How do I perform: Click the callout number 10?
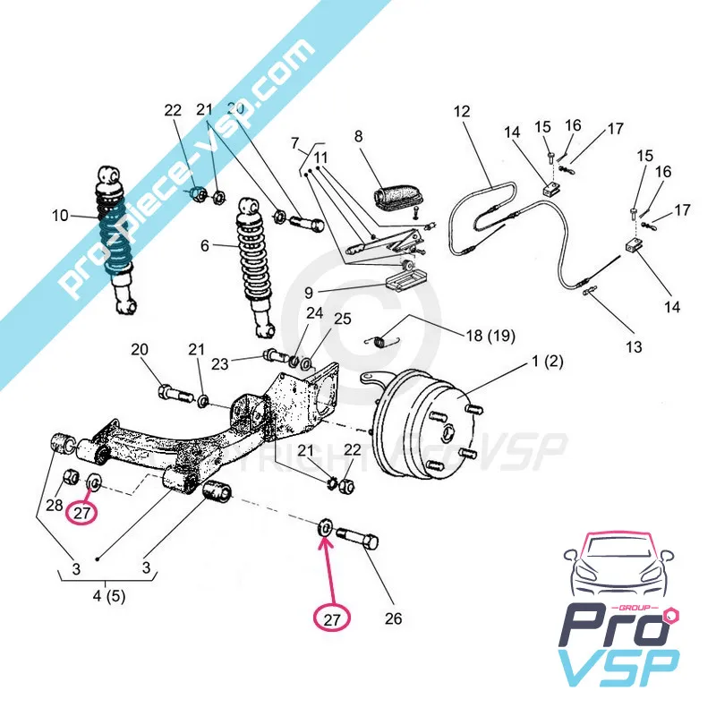(x=60, y=215)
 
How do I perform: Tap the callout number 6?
(x=205, y=246)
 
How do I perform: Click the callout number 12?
(x=462, y=113)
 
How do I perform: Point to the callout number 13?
(x=634, y=346)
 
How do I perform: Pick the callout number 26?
(x=394, y=618)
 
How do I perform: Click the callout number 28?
(x=55, y=506)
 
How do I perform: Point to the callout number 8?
(x=358, y=137)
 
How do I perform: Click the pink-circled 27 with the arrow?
(x=332, y=617)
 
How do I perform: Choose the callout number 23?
(x=220, y=363)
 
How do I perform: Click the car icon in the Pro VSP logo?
(x=618, y=573)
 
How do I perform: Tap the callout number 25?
(x=343, y=319)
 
